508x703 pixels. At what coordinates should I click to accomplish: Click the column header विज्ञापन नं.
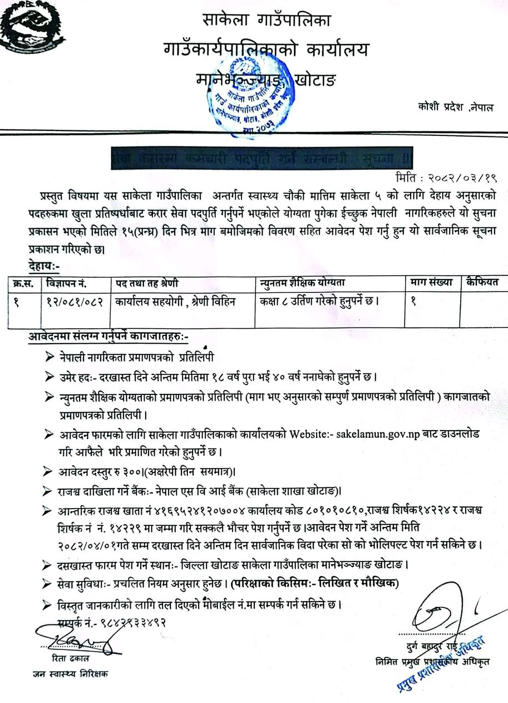coord(67,283)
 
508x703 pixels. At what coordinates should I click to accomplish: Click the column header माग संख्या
coord(432,283)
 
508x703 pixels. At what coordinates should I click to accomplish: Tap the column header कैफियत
coord(483,283)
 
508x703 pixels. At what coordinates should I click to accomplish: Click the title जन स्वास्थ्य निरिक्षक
coord(70,673)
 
